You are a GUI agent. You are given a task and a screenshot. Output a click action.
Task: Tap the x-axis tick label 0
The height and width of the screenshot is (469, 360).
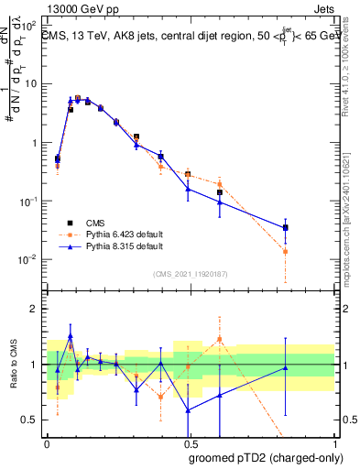pyautogui.click(x=46, y=444)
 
